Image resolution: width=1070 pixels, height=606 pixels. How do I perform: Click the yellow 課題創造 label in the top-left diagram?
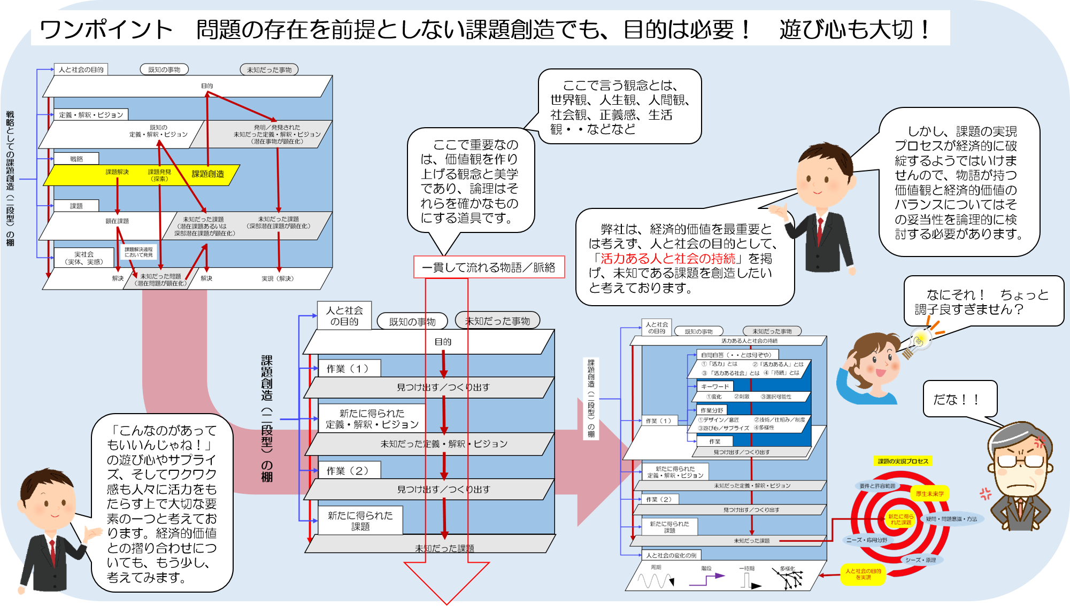click(x=207, y=174)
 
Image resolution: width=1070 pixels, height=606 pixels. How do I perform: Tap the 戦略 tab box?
click(x=76, y=159)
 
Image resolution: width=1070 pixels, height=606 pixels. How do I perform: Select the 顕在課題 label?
click(x=117, y=221)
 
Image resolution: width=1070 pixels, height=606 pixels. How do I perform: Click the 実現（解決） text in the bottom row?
click(x=278, y=278)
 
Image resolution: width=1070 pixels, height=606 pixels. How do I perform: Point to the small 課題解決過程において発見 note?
click(x=138, y=252)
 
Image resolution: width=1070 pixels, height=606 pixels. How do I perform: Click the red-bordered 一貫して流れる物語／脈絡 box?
click(x=489, y=267)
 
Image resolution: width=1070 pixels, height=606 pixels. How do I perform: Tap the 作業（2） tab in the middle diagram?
click(x=348, y=471)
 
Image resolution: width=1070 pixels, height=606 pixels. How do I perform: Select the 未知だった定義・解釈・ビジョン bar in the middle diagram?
click(x=443, y=444)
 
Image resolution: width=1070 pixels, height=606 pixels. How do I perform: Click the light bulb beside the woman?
click(x=920, y=339)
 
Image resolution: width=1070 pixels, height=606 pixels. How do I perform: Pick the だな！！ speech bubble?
click(x=959, y=399)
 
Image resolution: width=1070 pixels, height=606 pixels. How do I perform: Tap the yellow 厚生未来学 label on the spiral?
click(x=930, y=494)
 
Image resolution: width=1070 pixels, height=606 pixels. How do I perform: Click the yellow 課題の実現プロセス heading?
click(x=903, y=461)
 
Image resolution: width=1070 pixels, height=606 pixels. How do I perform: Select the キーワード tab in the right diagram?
click(x=715, y=386)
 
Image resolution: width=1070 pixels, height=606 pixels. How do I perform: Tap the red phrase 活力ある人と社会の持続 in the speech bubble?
click(x=668, y=259)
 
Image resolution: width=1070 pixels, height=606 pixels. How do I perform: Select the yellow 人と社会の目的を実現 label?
click(x=863, y=574)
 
